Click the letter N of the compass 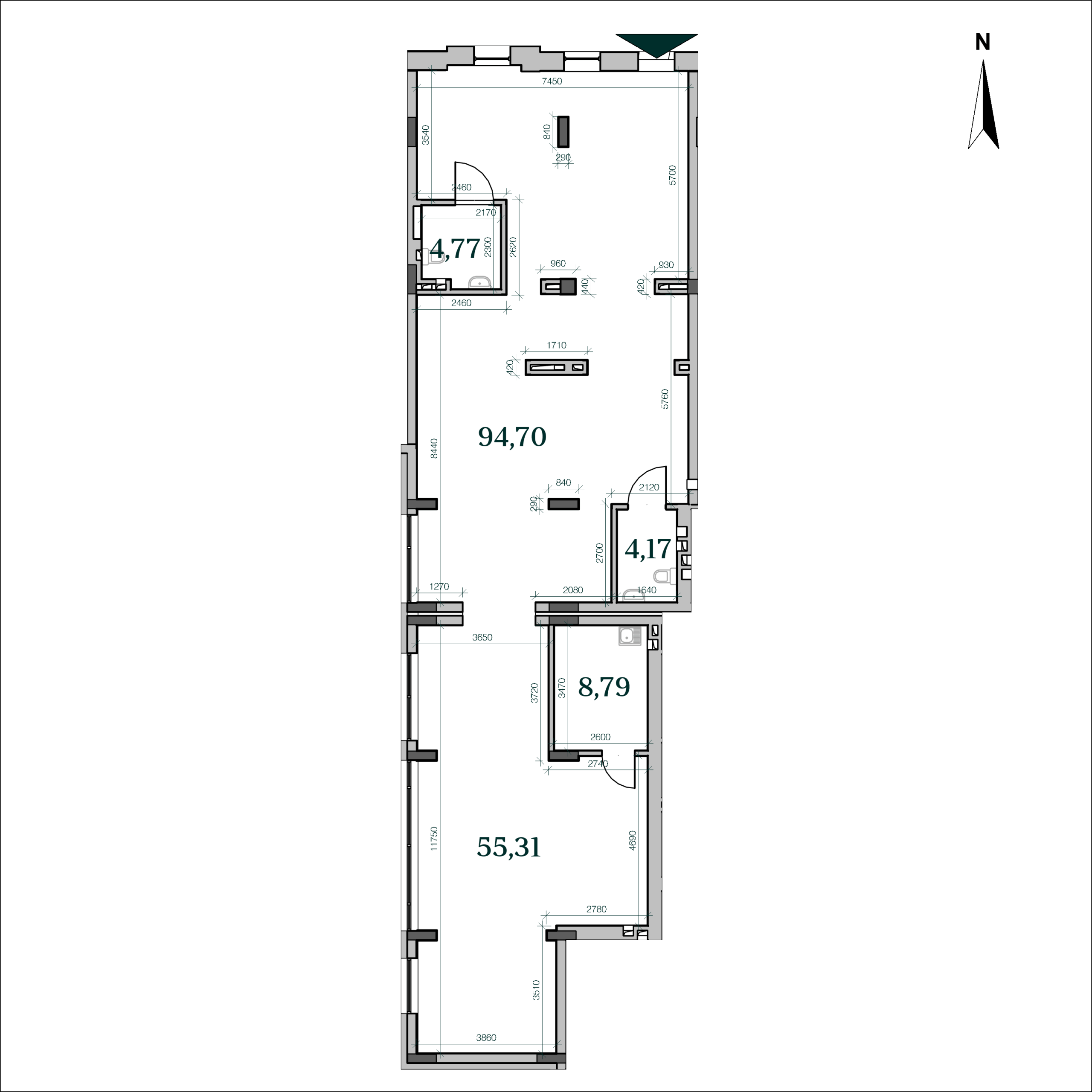(x=982, y=42)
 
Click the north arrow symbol (x=984, y=105)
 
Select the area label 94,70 (x=512, y=437)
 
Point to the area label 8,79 (x=604, y=687)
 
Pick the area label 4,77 (x=455, y=249)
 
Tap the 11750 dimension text (x=433, y=839)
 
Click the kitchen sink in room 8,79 (x=629, y=636)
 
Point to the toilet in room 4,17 (x=664, y=577)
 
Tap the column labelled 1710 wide (x=557, y=367)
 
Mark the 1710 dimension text (x=556, y=346)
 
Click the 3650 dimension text (x=482, y=638)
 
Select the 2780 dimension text (x=596, y=909)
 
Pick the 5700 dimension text (x=671, y=175)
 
